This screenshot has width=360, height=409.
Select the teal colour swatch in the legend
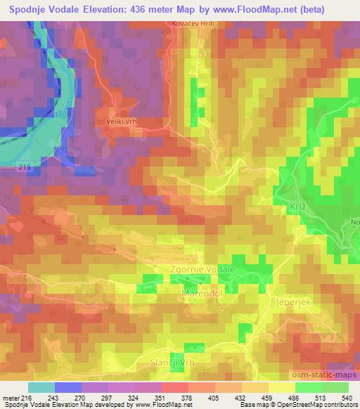[x=41, y=387]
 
